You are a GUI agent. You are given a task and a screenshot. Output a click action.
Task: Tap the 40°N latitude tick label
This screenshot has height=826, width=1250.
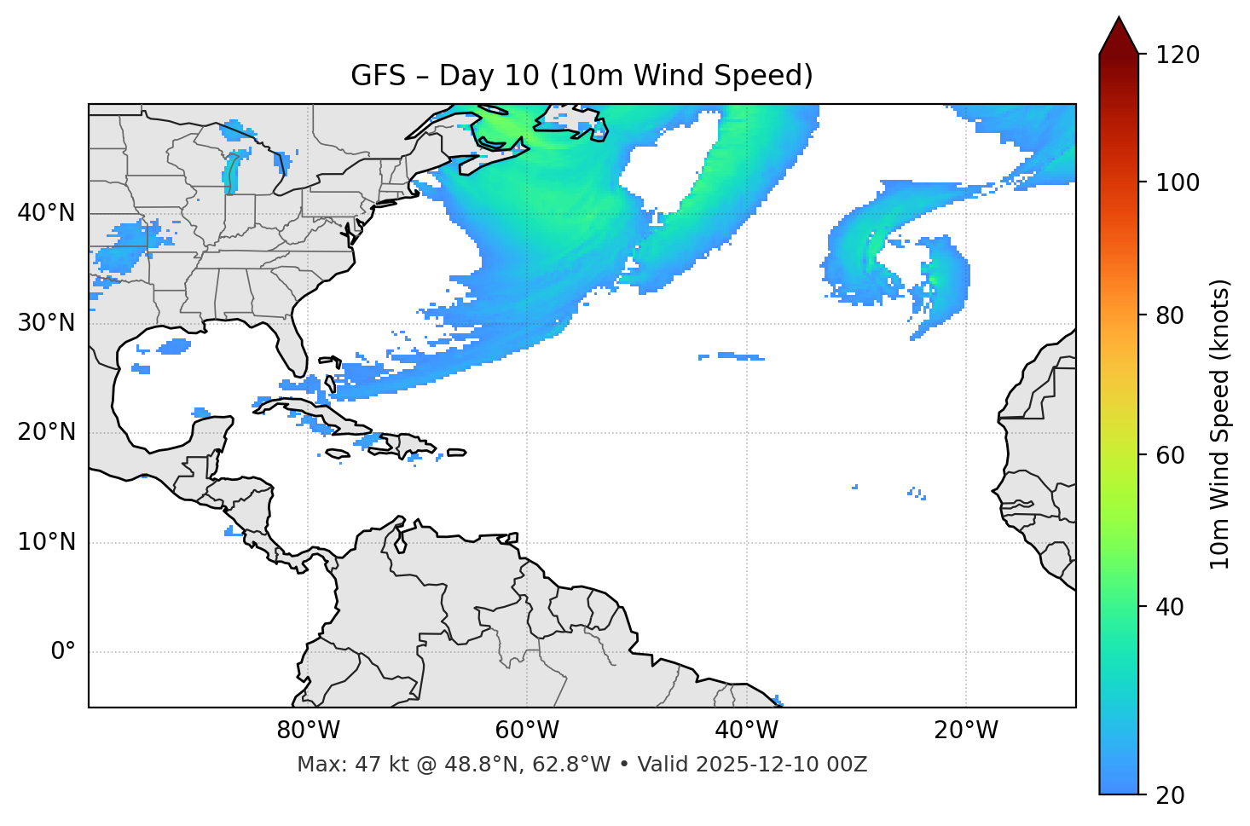point(46,213)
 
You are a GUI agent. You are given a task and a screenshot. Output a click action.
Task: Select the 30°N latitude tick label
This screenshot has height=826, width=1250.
point(46,323)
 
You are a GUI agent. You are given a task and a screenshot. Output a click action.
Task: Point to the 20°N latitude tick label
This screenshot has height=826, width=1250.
point(46,432)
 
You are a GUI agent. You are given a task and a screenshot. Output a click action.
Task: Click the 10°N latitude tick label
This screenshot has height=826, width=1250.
point(46,542)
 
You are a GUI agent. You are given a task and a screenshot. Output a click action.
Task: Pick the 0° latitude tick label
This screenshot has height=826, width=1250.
point(63,652)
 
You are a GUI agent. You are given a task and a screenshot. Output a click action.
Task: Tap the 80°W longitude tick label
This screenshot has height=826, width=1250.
point(308,731)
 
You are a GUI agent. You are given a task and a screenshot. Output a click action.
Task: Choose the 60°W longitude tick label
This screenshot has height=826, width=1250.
point(527,731)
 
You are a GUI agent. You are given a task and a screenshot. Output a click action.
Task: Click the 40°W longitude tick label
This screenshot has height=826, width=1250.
point(746,731)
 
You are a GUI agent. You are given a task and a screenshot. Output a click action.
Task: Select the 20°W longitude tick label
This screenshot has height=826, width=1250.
point(965,731)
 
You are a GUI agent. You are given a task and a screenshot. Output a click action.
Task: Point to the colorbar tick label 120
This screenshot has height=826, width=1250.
point(1178,55)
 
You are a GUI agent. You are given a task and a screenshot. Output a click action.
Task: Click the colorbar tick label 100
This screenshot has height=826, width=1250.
point(1178,182)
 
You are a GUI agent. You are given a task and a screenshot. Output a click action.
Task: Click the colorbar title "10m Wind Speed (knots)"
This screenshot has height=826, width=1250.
point(1220,424)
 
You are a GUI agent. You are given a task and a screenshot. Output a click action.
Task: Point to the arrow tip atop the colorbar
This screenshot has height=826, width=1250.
point(1119,19)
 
